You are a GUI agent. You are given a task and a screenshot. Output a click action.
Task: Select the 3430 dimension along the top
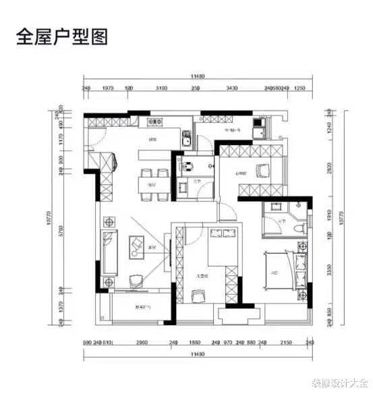233,88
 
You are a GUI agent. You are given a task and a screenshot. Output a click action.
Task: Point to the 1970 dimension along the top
107,88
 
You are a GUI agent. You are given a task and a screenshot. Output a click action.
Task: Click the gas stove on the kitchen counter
155,122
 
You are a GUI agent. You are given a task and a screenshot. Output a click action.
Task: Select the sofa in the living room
109,252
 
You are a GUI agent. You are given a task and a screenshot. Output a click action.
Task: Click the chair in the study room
261,171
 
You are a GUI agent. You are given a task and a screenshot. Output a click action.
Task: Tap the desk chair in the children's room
198,294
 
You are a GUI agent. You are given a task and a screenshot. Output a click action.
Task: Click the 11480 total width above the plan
198,77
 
